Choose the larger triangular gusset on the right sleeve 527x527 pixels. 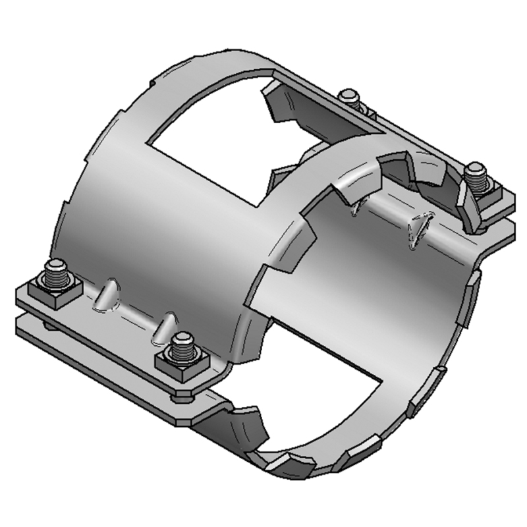[418, 229]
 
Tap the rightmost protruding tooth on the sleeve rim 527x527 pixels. [474, 290]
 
